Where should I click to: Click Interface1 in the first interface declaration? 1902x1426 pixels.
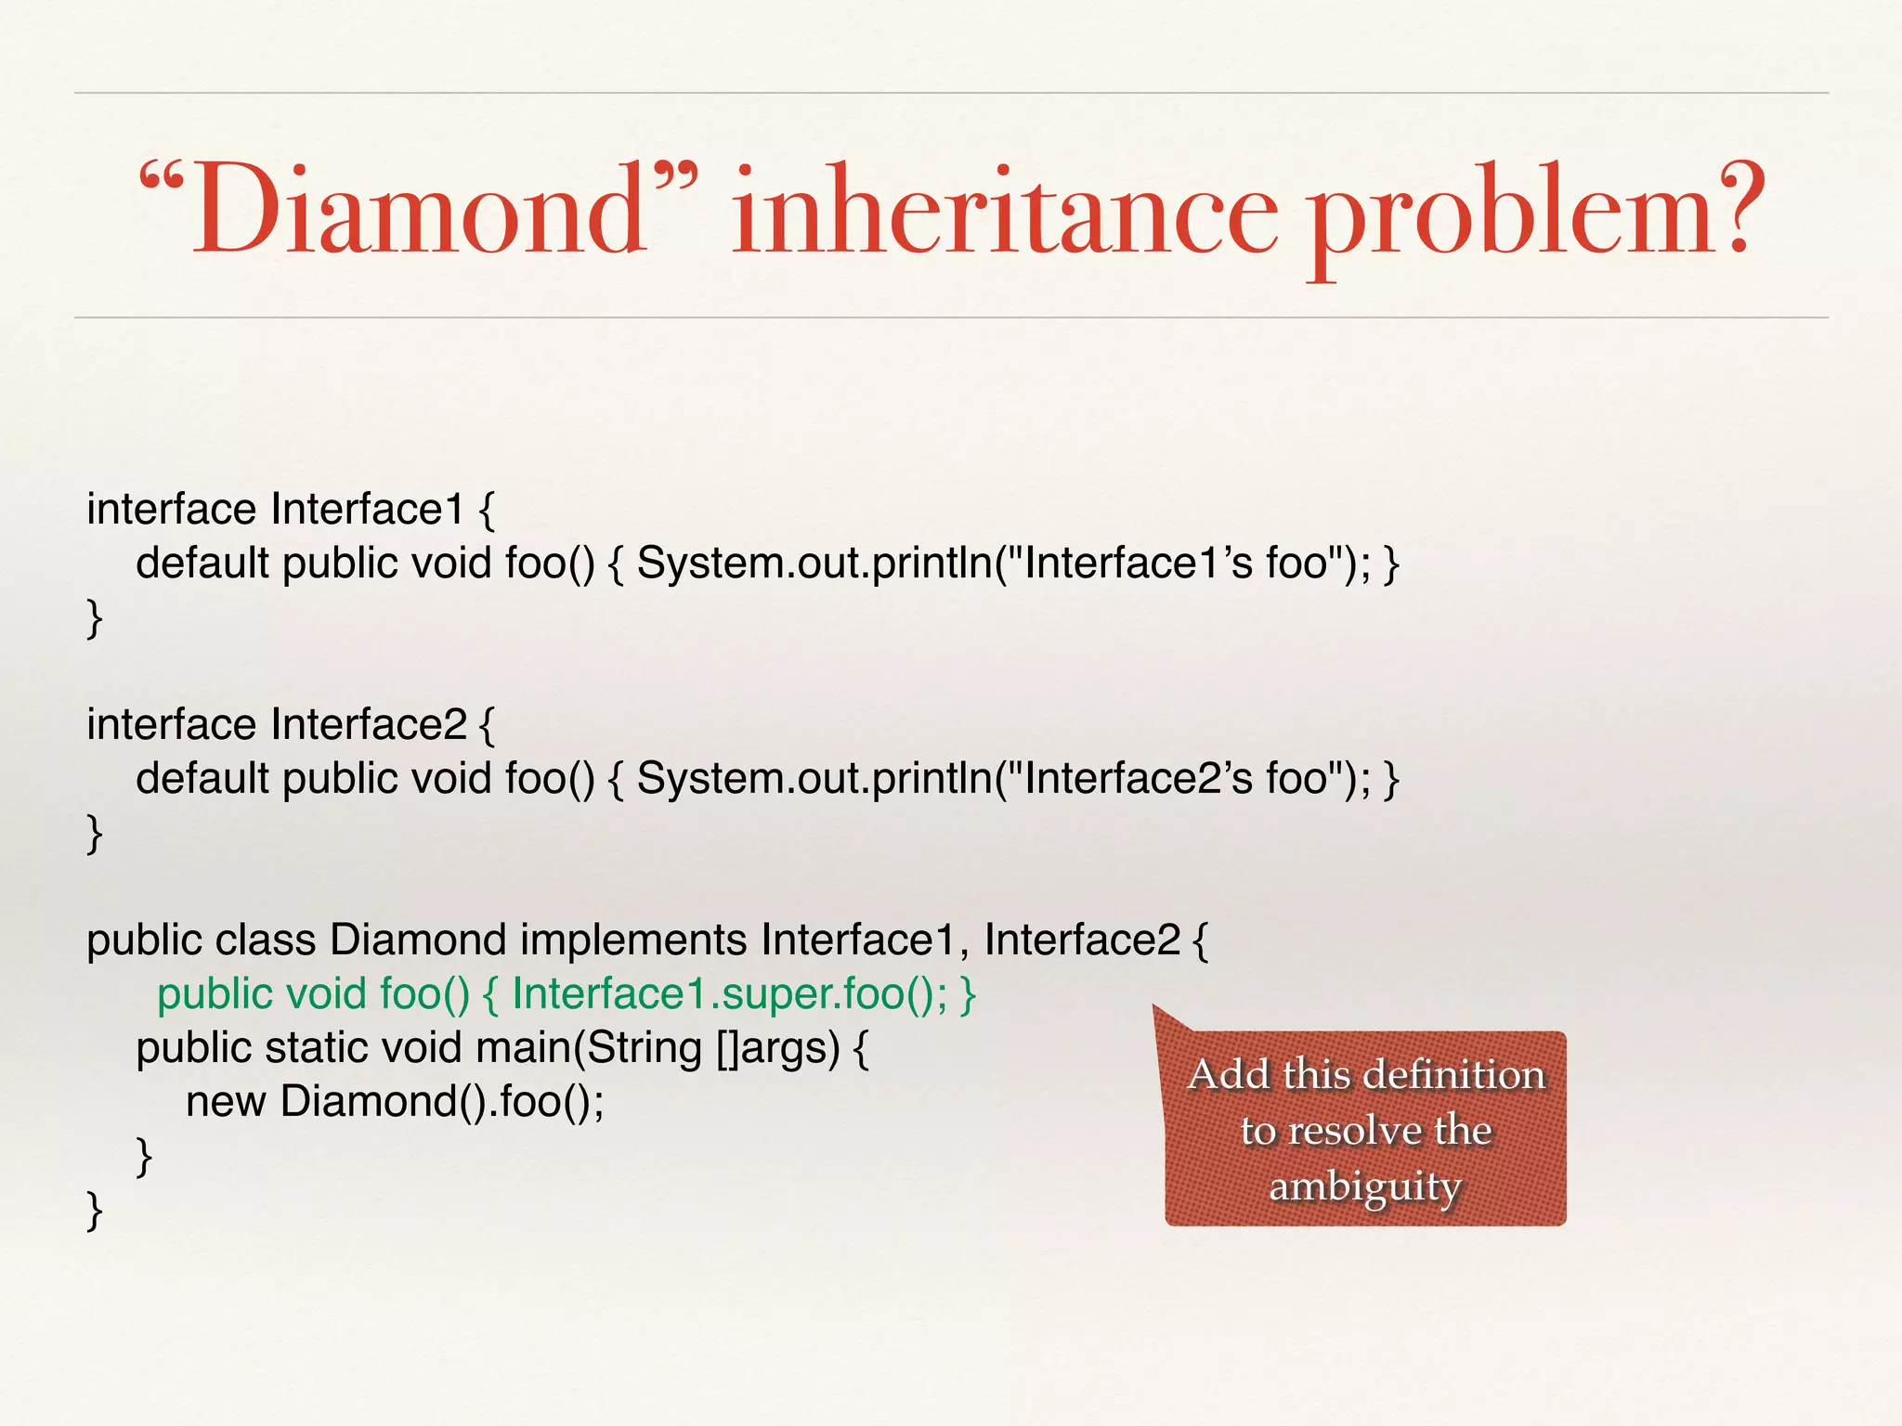pyautogui.click(x=367, y=509)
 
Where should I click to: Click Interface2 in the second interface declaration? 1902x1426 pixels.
pyautogui.click(x=369, y=724)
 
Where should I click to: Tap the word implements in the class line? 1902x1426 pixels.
pyautogui.click(x=633, y=940)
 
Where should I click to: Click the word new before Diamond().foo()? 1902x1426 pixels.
pyautogui.click(x=226, y=1102)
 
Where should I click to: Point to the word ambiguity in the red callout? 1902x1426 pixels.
pyautogui.click(x=1365, y=1186)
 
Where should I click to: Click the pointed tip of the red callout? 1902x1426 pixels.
pyautogui.click(x=1155, y=1007)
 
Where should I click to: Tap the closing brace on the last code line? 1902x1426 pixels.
pyautogui.click(x=94, y=1210)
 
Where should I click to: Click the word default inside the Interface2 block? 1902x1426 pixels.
pyautogui.click(x=202, y=778)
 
